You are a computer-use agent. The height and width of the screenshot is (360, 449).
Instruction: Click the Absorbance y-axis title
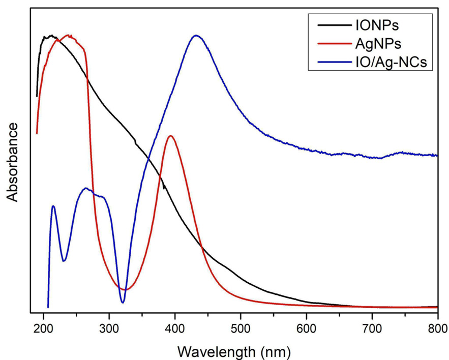click(12, 162)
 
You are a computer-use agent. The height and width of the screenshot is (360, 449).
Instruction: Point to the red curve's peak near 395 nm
click(171, 136)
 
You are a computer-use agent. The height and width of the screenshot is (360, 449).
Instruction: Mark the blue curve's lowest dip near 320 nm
click(123, 303)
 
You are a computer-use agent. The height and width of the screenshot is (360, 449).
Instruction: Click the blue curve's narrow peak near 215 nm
click(53, 206)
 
